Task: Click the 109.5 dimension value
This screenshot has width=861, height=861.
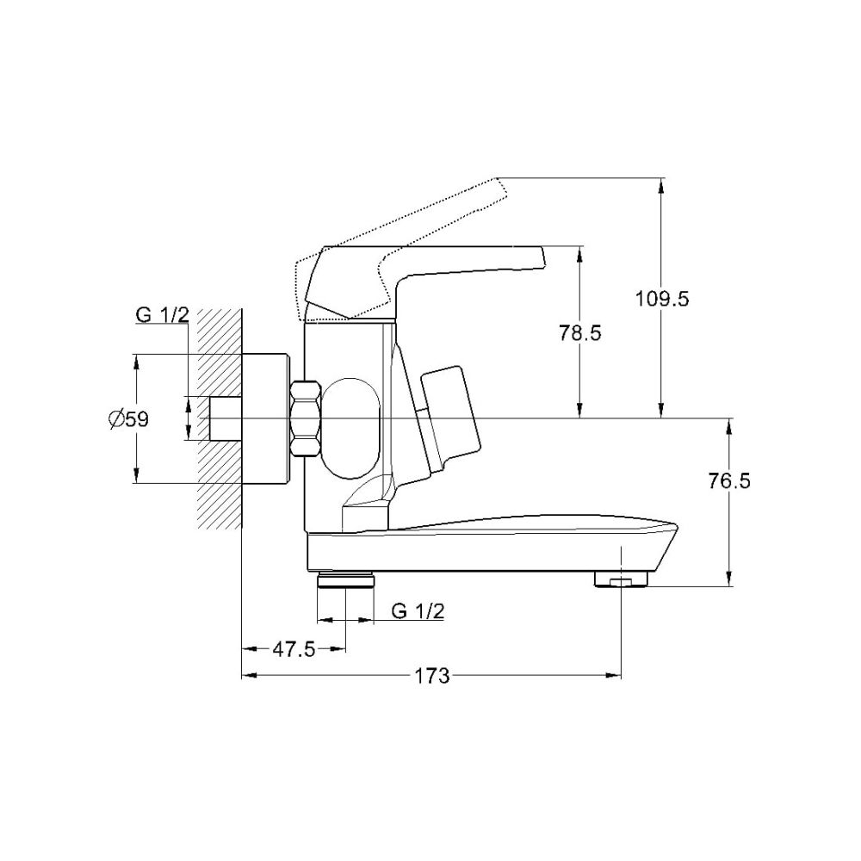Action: (661, 300)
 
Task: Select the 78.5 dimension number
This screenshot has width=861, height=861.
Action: (579, 332)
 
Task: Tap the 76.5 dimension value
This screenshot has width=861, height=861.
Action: (728, 480)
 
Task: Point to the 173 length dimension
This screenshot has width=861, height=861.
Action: (431, 676)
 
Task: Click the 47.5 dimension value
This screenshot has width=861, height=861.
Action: (294, 649)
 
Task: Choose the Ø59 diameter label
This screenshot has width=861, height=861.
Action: (129, 419)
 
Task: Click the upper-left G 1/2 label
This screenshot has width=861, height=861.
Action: (163, 314)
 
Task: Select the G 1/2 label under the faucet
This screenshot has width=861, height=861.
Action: (418, 610)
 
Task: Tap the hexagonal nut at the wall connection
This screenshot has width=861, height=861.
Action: (306, 418)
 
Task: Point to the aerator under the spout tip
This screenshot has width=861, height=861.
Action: (621, 579)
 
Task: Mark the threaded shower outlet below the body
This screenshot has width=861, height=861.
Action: (346, 579)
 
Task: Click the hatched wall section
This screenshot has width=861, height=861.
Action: (220, 418)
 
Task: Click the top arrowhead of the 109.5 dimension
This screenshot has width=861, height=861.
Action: (661, 186)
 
